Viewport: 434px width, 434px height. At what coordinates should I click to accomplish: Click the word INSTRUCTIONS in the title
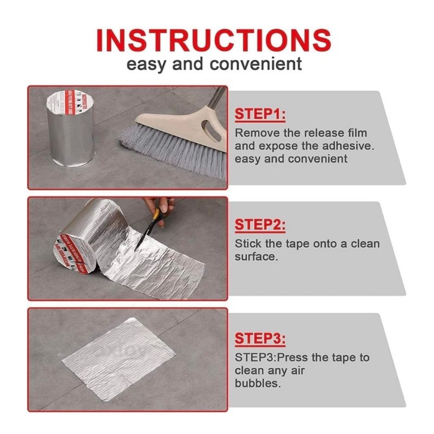(x=213, y=40)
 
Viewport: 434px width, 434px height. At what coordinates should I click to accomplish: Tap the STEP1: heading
(x=260, y=114)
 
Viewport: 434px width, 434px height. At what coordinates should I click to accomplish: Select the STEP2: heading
(x=260, y=225)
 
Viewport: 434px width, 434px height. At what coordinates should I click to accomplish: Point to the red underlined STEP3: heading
(x=260, y=338)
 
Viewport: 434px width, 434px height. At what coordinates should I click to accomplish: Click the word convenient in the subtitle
(x=256, y=63)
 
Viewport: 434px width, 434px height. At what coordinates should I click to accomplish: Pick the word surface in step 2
(x=256, y=257)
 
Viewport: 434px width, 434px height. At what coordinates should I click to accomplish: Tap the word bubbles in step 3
(x=258, y=383)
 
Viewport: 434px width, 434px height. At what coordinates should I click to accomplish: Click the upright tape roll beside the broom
(x=71, y=128)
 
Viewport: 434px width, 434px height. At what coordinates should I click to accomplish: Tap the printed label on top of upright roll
(x=71, y=102)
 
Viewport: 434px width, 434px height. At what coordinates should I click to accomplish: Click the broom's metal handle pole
(x=216, y=98)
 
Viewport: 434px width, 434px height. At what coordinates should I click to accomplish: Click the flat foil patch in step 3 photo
(x=119, y=359)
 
